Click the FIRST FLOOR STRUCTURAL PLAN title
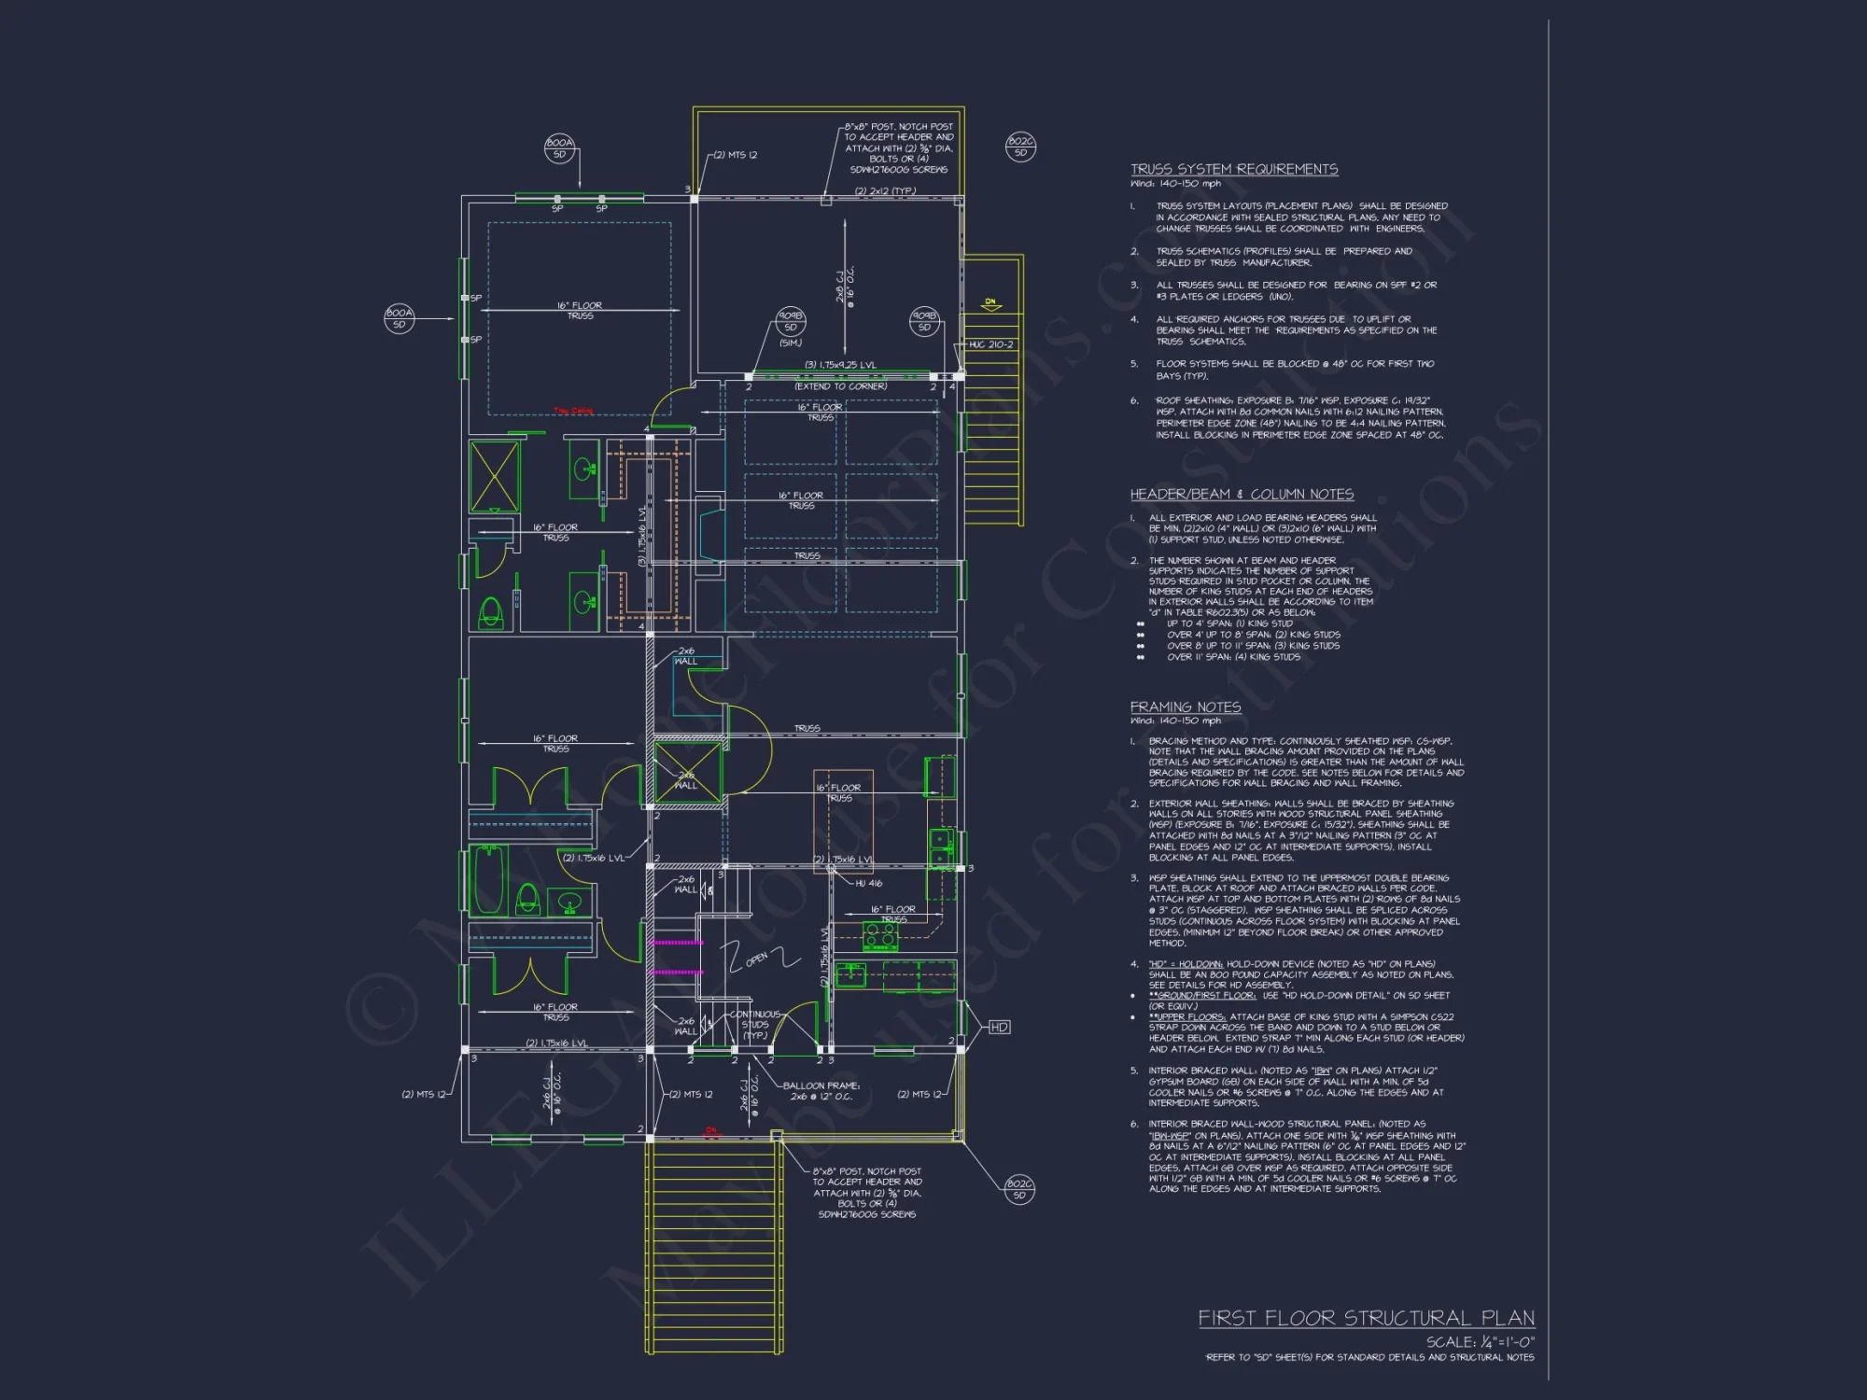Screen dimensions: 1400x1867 (x=1366, y=1318)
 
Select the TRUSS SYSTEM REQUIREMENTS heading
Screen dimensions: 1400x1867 (x=1233, y=169)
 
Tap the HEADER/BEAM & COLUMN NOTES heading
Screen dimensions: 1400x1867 (x=1242, y=494)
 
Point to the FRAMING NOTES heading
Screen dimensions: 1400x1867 (x=1185, y=707)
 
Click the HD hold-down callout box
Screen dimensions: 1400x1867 (x=999, y=1027)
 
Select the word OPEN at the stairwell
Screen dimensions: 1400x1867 (x=756, y=959)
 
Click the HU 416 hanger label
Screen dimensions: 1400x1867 (x=868, y=883)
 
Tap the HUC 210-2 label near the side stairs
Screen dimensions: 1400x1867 (x=990, y=344)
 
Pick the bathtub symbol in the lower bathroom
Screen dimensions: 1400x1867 (x=488, y=881)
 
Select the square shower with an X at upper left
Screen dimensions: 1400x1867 (x=493, y=476)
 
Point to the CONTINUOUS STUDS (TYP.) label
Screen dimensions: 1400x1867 (x=754, y=1025)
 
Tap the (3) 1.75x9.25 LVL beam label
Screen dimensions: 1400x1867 (x=840, y=365)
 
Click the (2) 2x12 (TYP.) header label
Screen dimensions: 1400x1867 (x=885, y=191)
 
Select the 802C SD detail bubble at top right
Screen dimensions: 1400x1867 (x=1019, y=147)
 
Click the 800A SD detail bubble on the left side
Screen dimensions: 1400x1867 (x=399, y=318)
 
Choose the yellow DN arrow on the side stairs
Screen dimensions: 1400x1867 (x=990, y=303)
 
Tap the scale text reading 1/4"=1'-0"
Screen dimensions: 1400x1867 (x=1480, y=1341)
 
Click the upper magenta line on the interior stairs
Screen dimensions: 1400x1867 (x=677, y=944)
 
